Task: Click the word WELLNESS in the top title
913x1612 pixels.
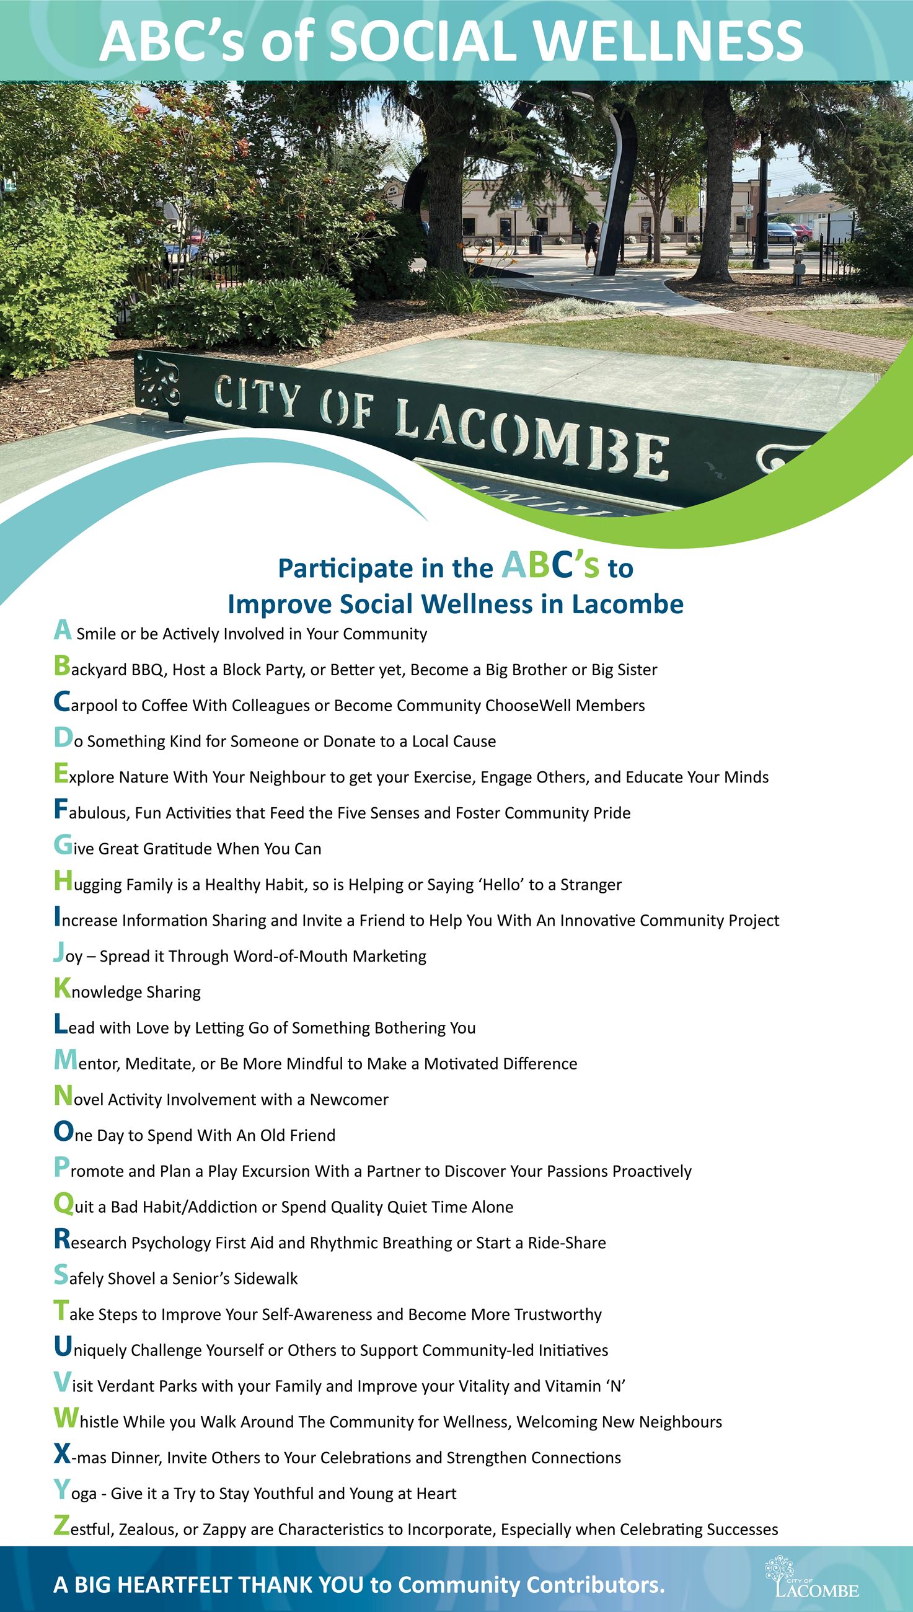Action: point(668,41)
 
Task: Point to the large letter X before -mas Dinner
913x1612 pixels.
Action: point(62,1454)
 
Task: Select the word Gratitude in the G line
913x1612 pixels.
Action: point(179,849)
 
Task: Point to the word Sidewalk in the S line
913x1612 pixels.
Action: point(266,1278)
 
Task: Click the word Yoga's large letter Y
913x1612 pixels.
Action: point(61,1490)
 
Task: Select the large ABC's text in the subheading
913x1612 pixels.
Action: point(550,566)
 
